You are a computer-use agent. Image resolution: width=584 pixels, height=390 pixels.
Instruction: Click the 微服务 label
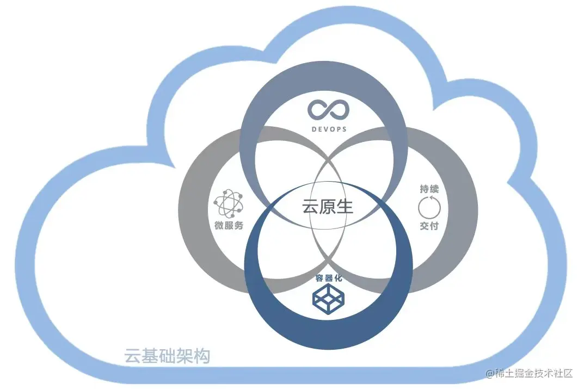[229, 226]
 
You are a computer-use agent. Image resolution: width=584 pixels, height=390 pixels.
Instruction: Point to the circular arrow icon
[428, 207]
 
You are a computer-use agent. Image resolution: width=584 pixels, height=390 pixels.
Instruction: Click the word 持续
[429, 189]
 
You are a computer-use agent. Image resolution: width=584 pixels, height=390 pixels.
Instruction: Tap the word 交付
[429, 226]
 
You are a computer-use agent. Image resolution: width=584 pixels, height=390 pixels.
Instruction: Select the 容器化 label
[328, 278]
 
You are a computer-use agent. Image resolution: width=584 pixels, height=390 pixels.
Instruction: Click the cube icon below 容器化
[328, 299]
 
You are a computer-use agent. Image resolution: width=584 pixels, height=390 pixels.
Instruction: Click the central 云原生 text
[328, 207]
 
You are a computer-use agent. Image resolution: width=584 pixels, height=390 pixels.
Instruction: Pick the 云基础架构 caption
[167, 356]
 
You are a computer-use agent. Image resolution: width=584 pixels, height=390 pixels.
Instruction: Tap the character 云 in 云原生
[310, 207]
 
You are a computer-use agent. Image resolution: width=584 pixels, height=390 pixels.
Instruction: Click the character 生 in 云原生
[345, 207]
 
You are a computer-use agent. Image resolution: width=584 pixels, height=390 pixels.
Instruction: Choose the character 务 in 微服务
[238, 226]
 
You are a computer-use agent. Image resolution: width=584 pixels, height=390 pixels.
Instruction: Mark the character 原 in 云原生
[328, 207]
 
